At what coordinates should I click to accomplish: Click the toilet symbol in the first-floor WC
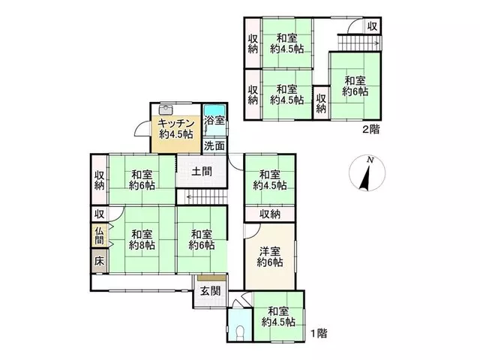[x=240, y=331]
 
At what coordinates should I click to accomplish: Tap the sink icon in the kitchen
[x=166, y=109]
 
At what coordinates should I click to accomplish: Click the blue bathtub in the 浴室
[x=214, y=110]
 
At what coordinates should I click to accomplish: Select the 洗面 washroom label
[x=214, y=145]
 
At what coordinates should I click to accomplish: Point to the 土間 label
[x=202, y=171]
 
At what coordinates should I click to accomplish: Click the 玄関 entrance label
[x=210, y=291]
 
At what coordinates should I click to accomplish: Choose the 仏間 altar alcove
[x=99, y=235]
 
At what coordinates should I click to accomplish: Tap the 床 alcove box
[x=99, y=261]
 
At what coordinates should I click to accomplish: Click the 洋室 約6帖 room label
[x=270, y=256]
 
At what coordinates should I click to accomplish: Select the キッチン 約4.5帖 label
[x=176, y=129]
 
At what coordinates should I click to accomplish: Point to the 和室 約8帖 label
[x=142, y=240]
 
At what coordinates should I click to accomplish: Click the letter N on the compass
[x=370, y=160]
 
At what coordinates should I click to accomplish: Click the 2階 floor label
[x=371, y=130]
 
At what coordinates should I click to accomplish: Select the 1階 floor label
[x=319, y=333]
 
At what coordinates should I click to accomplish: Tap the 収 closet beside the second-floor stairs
[x=372, y=26]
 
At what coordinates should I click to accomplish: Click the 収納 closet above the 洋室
[x=270, y=214]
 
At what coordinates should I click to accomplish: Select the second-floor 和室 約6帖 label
[x=355, y=86]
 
